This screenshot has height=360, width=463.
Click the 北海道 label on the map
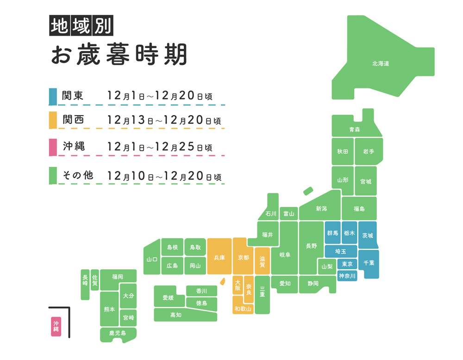(380, 63)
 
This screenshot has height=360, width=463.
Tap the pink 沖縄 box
(56, 326)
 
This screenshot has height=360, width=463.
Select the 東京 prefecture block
(347, 264)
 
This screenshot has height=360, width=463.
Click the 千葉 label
(369, 263)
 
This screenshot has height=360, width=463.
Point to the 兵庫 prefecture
(219, 257)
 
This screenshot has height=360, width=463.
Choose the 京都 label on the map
(243, 257)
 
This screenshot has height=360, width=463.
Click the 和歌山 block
(243, 308)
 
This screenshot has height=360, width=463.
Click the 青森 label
(355, 130)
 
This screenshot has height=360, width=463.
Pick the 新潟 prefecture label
(321, 209)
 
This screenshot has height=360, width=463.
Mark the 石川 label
(271, 214)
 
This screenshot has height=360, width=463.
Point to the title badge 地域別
(81, 26)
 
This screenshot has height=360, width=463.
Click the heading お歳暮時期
(119, 55)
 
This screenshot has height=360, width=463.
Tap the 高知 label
(176, 315)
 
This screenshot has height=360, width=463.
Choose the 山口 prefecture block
(151, 260)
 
